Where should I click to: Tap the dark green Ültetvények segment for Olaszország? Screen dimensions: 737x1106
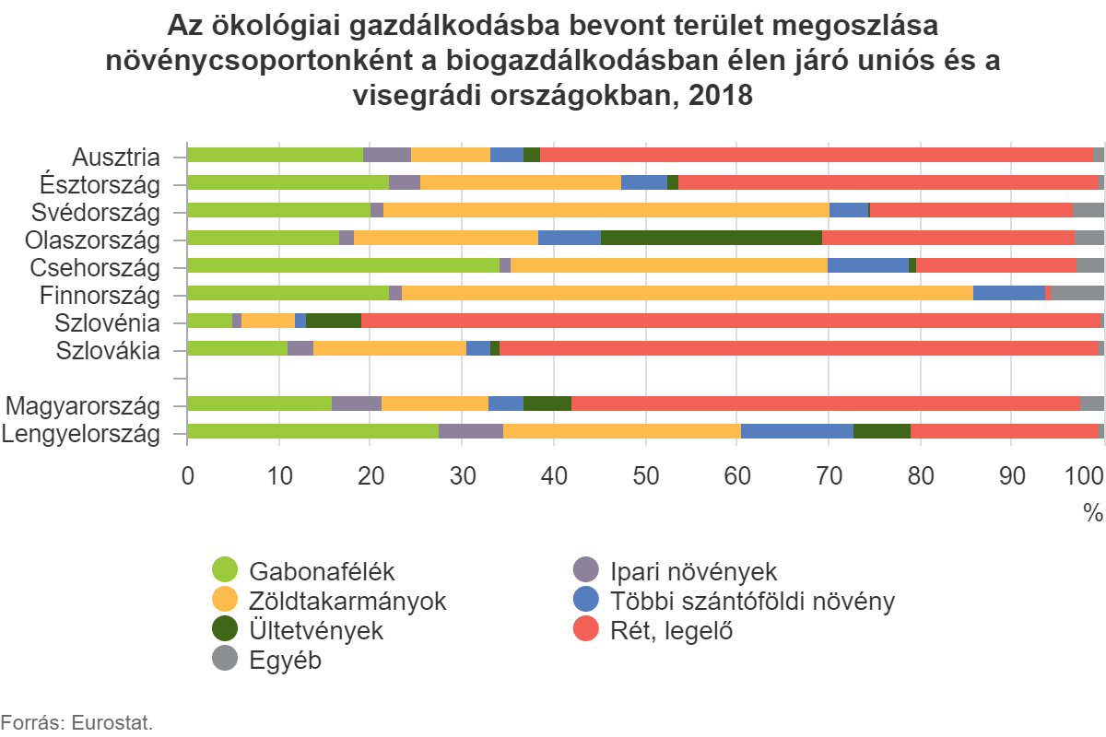click(711, 238)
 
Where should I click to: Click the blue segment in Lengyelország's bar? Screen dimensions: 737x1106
click(797, 431)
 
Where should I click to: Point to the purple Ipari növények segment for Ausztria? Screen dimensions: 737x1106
click(387, 155)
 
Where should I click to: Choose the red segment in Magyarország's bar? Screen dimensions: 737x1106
click(825, 404)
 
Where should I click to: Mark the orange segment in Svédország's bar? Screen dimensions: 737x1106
click(606, 210)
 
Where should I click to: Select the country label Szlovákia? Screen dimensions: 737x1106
click(108, 350)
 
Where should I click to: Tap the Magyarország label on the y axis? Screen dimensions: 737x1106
click(82, 405)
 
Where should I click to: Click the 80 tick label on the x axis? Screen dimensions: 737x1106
click(921, 475)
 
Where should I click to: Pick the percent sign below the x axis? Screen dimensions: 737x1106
click(1092, 513)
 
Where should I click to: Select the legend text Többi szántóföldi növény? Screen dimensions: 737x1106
click(752, 602)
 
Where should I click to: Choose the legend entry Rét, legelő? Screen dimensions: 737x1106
click(672, 631)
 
